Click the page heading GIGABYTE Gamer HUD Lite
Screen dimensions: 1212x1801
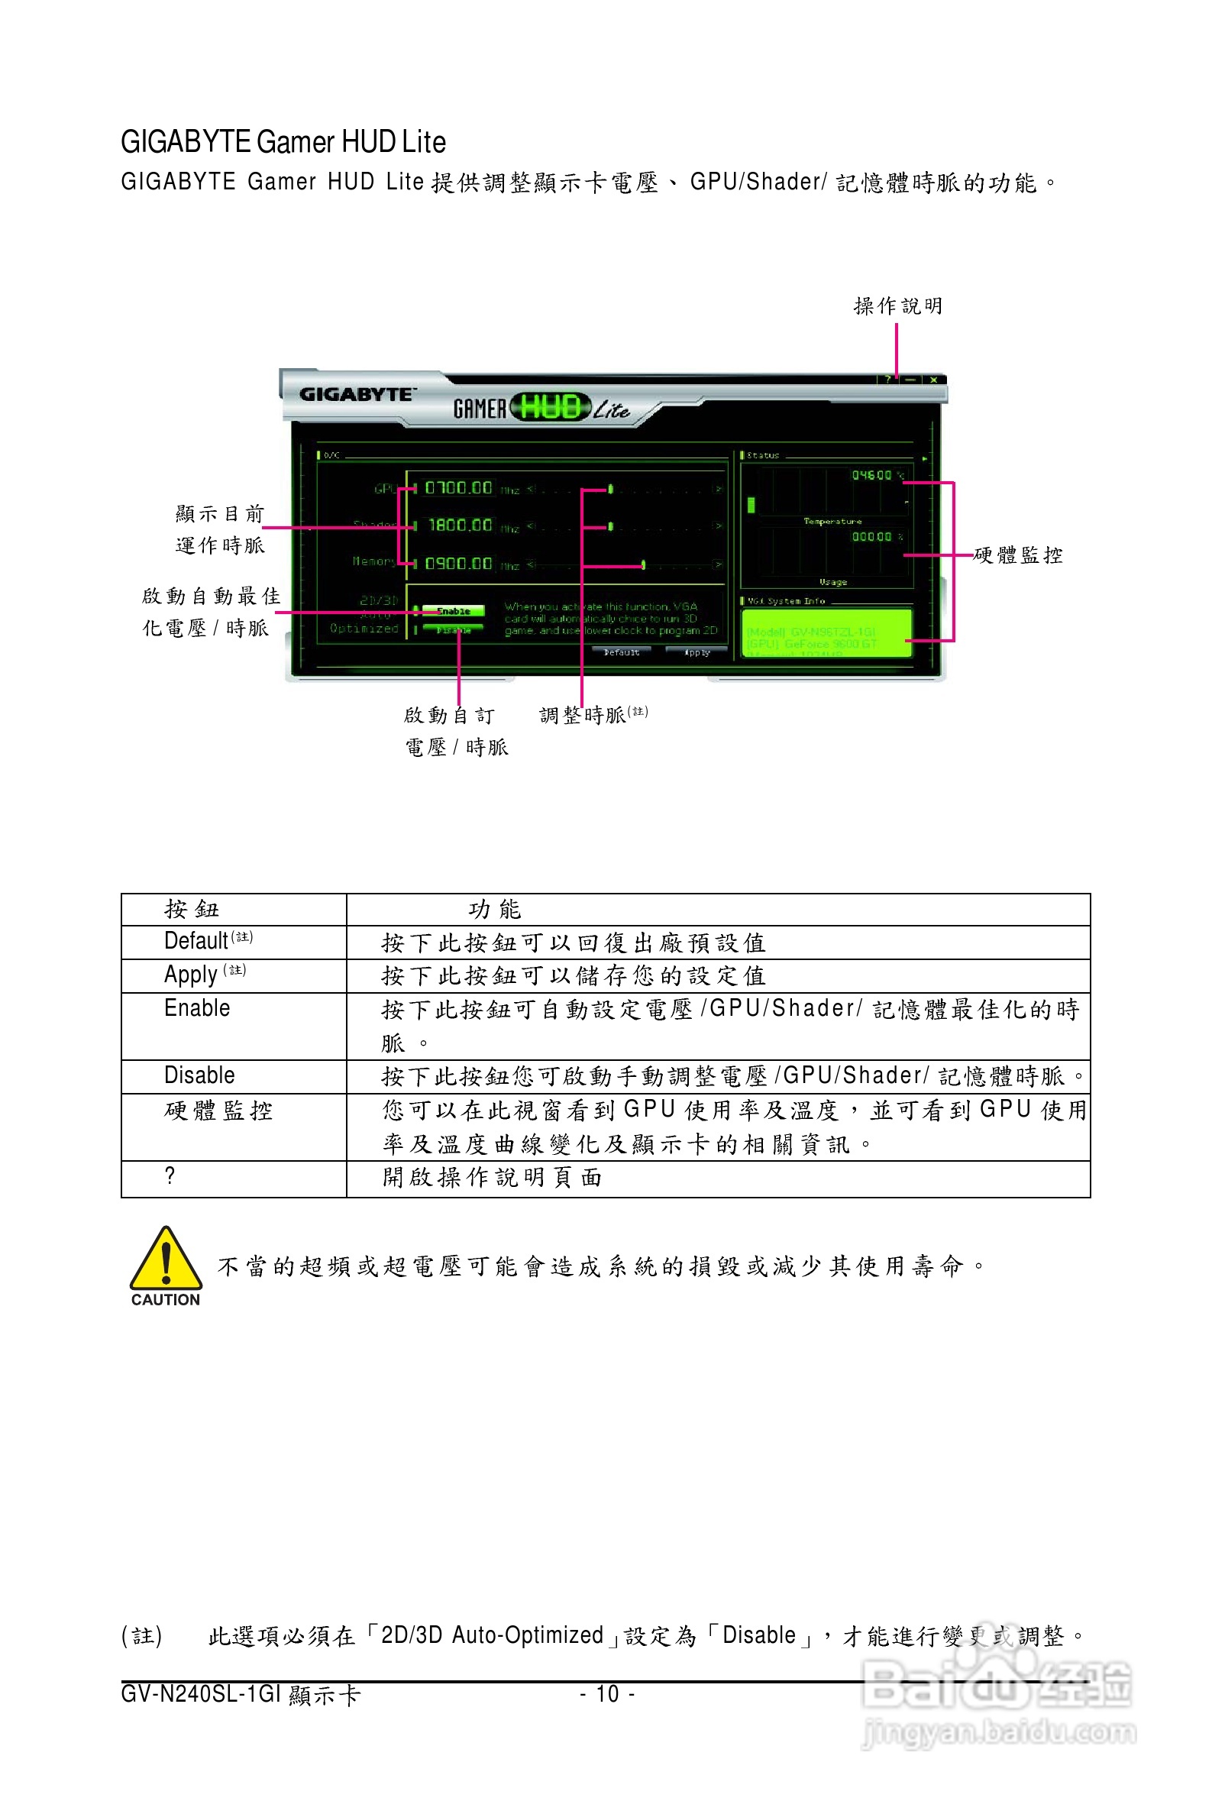pyautogui.click(x=283, y=142)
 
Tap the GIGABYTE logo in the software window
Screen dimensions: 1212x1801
pyautogui.click(x=357, y=394)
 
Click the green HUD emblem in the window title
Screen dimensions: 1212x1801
pyautogui.click(x=551, y=406)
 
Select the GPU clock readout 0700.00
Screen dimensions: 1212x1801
pyautogui.click(x=458, y=488)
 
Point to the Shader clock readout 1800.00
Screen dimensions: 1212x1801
pyautogui.click(x=460, y=525)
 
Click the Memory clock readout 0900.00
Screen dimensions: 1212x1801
pyautogui.click(x=458, y=564)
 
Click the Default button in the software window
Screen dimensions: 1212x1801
pyautogui.click(x=622, y=652)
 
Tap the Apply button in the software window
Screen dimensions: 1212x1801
pyautogui.click(x=698, y=652)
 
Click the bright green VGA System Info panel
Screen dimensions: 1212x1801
pyautogui.click(x=826, y=633)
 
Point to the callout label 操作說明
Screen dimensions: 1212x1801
pyautogui.click(x=897, y=306)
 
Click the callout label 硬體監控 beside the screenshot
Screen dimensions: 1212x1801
pyautogui.click(x=1018, y=555)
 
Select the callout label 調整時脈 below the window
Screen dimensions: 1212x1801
pyautogui.click(x=583, y=715)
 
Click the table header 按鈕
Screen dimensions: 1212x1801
pyautogui.click(x=192, y=909)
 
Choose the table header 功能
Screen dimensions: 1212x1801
pyautogui.click(x=495, y=909)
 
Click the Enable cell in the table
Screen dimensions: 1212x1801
pyautogui.click(x=197, y=1008)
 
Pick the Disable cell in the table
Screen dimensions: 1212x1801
pyautogui.click(x=199, y=1075)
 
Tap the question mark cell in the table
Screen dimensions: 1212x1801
pyautogui.click(x=170, y=1175)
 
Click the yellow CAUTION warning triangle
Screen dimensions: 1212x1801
pyautogui.click(x=166, y=1261)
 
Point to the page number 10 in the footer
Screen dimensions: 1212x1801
pyautogui.click(x=608, y=1694)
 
